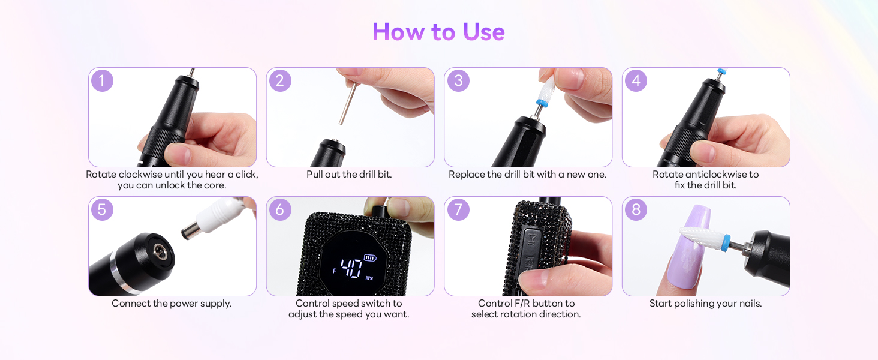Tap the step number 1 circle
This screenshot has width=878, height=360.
coord(102,81)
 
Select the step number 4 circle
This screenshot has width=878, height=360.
coord(636,81)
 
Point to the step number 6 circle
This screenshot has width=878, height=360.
coord(280,209)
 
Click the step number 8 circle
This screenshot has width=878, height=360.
coord(636,209)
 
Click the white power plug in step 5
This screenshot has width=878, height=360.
coord(214,218)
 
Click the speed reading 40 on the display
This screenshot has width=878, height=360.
coord(351,268)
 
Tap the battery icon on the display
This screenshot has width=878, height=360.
coord(370,257)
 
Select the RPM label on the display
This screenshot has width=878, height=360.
coord(369,278)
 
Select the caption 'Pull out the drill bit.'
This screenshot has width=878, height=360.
coord(349,175)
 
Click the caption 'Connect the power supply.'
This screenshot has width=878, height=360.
coord(172,304)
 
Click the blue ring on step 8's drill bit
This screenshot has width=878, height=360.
coord(726,242)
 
